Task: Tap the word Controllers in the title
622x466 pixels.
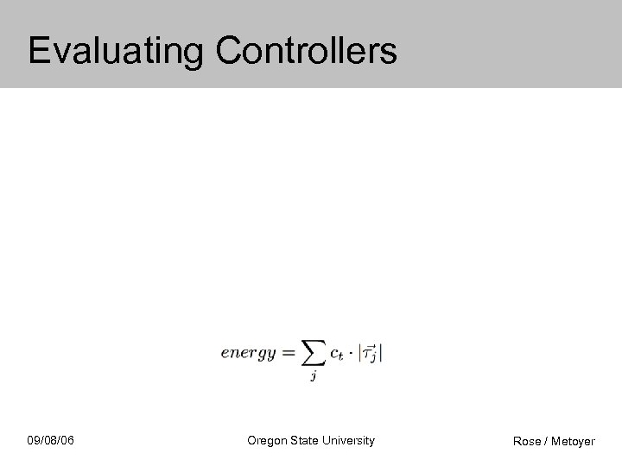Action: pyautogui.click(x=306, y=51)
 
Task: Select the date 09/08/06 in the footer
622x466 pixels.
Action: pyautogui.click(x=50, y=441)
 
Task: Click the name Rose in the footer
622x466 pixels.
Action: pyautogui.click(x=527, y=441)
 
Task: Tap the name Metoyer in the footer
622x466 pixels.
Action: pyautogui.click(x=573, y=441)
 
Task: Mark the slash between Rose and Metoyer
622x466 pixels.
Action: pyautogui.click(x=546, y=441)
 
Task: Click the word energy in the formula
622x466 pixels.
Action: pyautogui.click(x=248, y=352)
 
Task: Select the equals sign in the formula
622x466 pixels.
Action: pyautogui.click(x=286, y=352)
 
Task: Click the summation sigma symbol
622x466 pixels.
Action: pyautogui.click(x=310, y=352)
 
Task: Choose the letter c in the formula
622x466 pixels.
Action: pyautogui.click(x=333, y=353)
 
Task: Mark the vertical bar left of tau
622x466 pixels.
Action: pyautogui.click(x=360, y=352)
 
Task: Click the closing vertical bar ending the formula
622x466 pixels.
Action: pyautogui.click(x=381, y=352)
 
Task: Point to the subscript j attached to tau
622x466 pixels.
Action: pyautogui.click(x=375, y=357)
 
